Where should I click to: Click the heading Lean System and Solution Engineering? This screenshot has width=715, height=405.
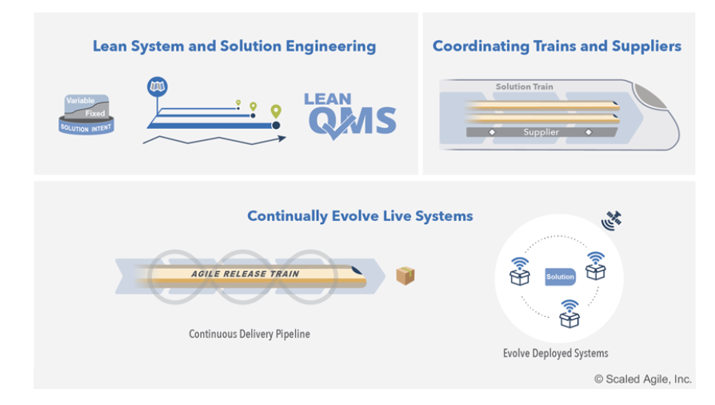coord(234,46)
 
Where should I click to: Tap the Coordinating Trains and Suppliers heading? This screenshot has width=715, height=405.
coord(557,46)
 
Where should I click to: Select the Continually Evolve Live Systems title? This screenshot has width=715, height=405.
coord(360,216)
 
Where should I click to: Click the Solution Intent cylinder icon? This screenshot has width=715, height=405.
coord(86,114)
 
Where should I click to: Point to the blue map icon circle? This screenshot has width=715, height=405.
coord(158,86)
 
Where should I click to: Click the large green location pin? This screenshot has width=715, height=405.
coord(276,111)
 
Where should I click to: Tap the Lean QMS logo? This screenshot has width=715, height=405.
coord(350,116)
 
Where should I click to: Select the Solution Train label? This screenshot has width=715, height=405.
coord(525,86)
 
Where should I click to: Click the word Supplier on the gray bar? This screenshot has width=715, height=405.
coord(541,132)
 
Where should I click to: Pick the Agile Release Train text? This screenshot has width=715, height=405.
coord(246,274)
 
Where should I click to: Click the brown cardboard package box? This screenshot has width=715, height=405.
coord(405,276)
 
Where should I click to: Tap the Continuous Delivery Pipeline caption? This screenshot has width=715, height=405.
coord(250,335)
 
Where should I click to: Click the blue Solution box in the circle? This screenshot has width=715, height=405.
coord(560,277)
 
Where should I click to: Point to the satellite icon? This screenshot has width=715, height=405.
coord(612,220)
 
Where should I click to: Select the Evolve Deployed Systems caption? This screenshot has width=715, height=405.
coord(555,354)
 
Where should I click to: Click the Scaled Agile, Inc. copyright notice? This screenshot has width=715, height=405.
coord(643,379)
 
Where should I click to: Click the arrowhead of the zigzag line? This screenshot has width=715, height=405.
coord(282,138)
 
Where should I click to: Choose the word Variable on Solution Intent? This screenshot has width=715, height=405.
coord(80,101)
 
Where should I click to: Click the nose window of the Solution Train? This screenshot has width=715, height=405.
coord(649,96)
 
